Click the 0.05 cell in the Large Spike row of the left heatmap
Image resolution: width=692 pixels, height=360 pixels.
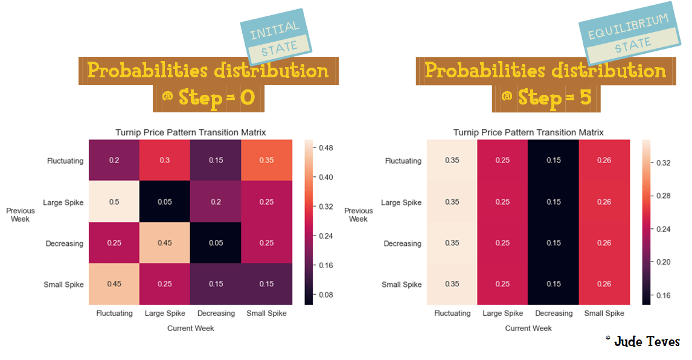coord(165,202)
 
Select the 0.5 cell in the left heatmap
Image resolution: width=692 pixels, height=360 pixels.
coord(114,202)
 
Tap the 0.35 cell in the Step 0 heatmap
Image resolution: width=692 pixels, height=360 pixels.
coord(266,161)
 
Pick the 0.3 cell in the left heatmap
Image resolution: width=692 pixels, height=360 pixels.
coord(165,161)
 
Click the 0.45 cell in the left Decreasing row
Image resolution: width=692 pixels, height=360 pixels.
coord(165,243)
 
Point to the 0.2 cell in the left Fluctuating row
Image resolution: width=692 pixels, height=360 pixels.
coord(114,161)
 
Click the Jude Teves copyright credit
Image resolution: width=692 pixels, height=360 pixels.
coord(642,342)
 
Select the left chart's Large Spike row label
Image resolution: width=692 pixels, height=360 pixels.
coord(63,202)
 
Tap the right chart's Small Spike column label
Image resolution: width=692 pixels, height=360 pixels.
coord(604,313)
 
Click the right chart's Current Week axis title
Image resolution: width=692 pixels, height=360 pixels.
coord(528,328)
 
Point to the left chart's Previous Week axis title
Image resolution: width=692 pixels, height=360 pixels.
coord(21,214)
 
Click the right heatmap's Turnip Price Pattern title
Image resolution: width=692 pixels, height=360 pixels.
coord(528,132)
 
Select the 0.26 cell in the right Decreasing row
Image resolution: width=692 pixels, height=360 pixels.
coord(604,243)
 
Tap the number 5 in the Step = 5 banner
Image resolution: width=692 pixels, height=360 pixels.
coord(585,97)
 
